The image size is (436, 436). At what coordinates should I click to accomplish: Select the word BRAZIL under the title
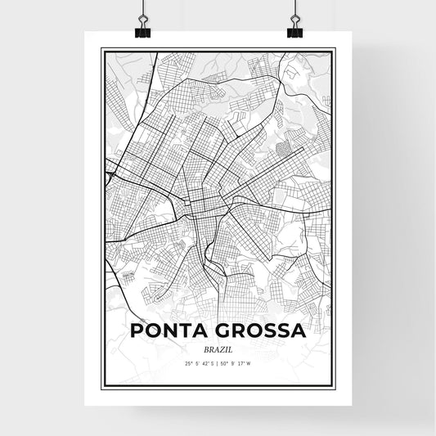click(x=217, y=348)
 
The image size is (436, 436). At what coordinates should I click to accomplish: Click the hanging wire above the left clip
click(x=143, y=8)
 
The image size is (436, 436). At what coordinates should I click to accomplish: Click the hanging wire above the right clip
click(x=294, y=8)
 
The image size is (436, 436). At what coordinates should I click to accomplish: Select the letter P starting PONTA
click(x=135, y=330)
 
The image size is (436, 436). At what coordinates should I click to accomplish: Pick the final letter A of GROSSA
click(x=299, y=330)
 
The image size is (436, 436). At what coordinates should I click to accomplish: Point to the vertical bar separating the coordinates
click(x=218, y=363)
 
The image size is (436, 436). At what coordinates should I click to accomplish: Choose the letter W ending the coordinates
click(x=250, y=363)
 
